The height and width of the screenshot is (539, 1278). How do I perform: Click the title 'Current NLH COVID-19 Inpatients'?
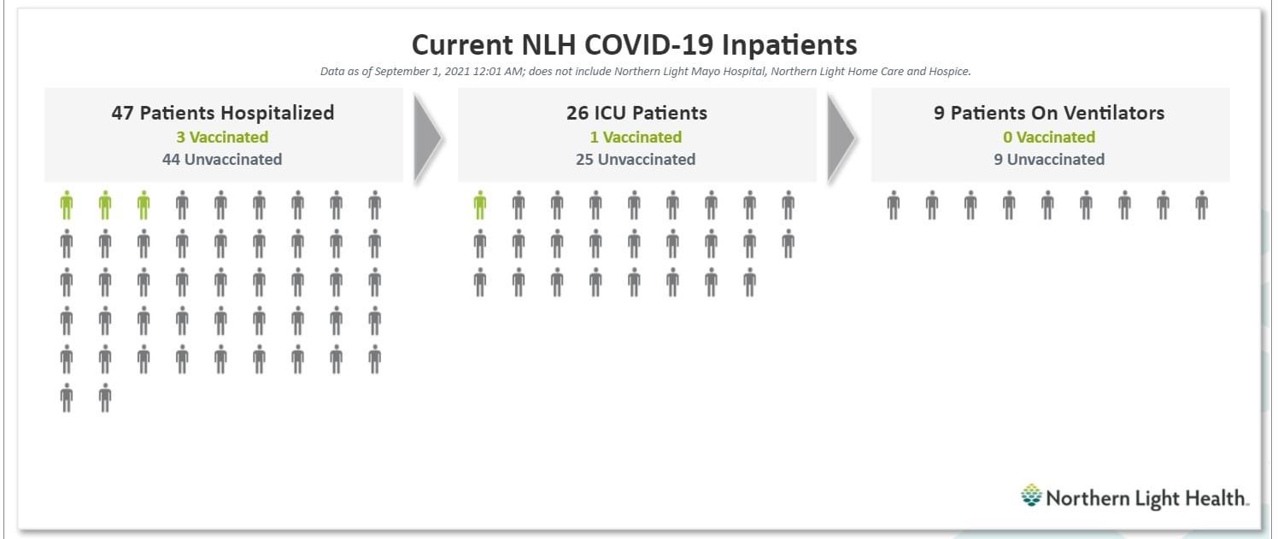634,45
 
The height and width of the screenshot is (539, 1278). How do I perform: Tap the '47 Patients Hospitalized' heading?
222,113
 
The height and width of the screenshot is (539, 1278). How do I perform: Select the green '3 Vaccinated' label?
222,137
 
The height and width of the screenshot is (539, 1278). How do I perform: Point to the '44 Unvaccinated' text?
222,159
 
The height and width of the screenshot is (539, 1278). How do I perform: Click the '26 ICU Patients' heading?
636,113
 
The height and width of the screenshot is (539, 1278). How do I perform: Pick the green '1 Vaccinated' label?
636,137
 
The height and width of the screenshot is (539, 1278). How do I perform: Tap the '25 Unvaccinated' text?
636,159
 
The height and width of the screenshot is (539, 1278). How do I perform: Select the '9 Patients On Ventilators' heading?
1049,113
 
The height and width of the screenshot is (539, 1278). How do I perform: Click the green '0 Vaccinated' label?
1049,137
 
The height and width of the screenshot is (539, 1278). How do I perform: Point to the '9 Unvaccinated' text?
1049,159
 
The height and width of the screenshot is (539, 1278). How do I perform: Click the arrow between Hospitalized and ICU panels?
427,138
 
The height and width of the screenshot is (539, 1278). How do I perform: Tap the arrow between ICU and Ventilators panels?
841,138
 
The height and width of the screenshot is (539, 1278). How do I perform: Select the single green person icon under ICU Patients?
480,205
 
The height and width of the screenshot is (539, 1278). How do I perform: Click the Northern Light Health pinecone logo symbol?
1031,495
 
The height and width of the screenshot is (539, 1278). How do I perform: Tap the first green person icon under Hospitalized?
67,205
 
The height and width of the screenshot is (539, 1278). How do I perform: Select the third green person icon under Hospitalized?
144,205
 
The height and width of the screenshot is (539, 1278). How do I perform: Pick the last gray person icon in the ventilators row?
1202,205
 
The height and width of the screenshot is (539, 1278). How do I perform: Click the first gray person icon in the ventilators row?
894,205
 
